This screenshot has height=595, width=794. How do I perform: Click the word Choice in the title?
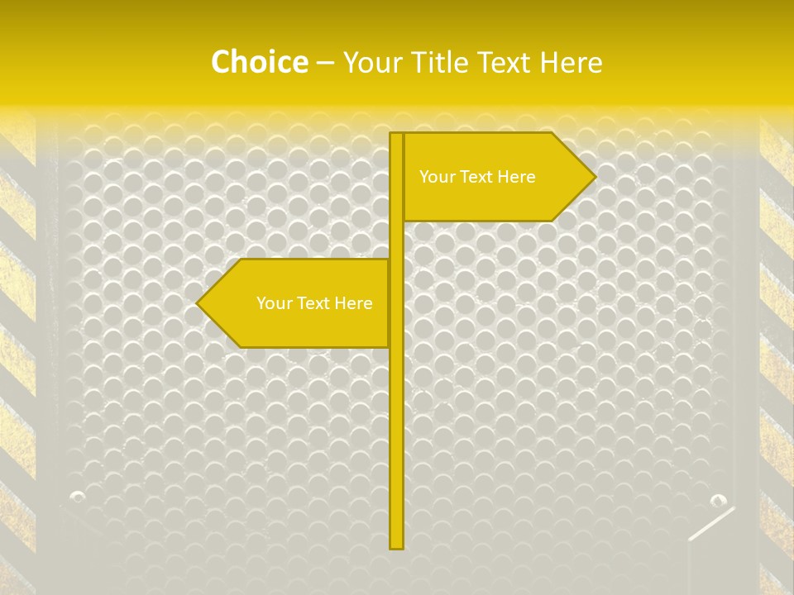tap(259, 62)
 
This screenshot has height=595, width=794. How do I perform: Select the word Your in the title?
tap(373, 63)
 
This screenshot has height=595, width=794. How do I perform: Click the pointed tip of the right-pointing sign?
tap(594, 176)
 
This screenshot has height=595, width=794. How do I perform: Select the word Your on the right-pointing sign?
tap(436, 177)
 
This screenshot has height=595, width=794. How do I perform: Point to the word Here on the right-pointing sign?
tap(516, 177)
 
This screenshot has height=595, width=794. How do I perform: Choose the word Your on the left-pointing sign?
tap(273, 303)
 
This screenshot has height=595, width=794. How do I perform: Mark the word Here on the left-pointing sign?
tap(353, 303)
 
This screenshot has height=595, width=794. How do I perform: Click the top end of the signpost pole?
tap(396, 135)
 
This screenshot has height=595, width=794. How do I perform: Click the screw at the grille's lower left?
tap(78, 497)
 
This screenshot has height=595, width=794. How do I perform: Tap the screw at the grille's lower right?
tap(718, 500)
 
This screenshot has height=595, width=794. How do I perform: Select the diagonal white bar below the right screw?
tap(711, 524)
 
